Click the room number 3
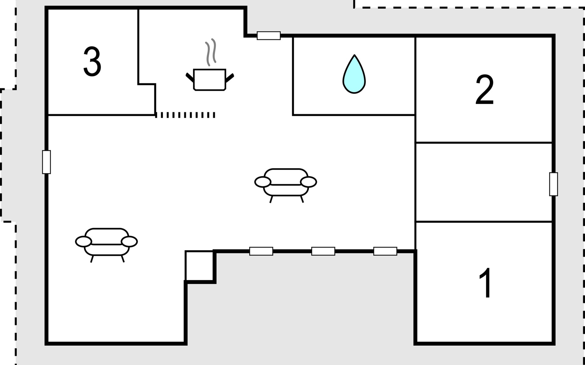coord(92,62)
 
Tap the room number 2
coord(484,90)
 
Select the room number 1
coord(485,283)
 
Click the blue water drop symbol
coord(354,75)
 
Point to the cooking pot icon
coord(210,80)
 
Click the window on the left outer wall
coord(46,162)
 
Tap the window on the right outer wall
coord(554,184)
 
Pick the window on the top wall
coord(269,36)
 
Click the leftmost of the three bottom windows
coord(261,251)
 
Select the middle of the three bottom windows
coord(323,251)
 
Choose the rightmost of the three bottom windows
coord(385,251)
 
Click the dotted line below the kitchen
coord(185,115)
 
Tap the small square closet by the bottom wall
coord(200,266)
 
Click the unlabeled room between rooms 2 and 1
coord(484,182)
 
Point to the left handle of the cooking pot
coord(190,78)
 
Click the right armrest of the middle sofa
coord(308,182)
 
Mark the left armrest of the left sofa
coord(83,242)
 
